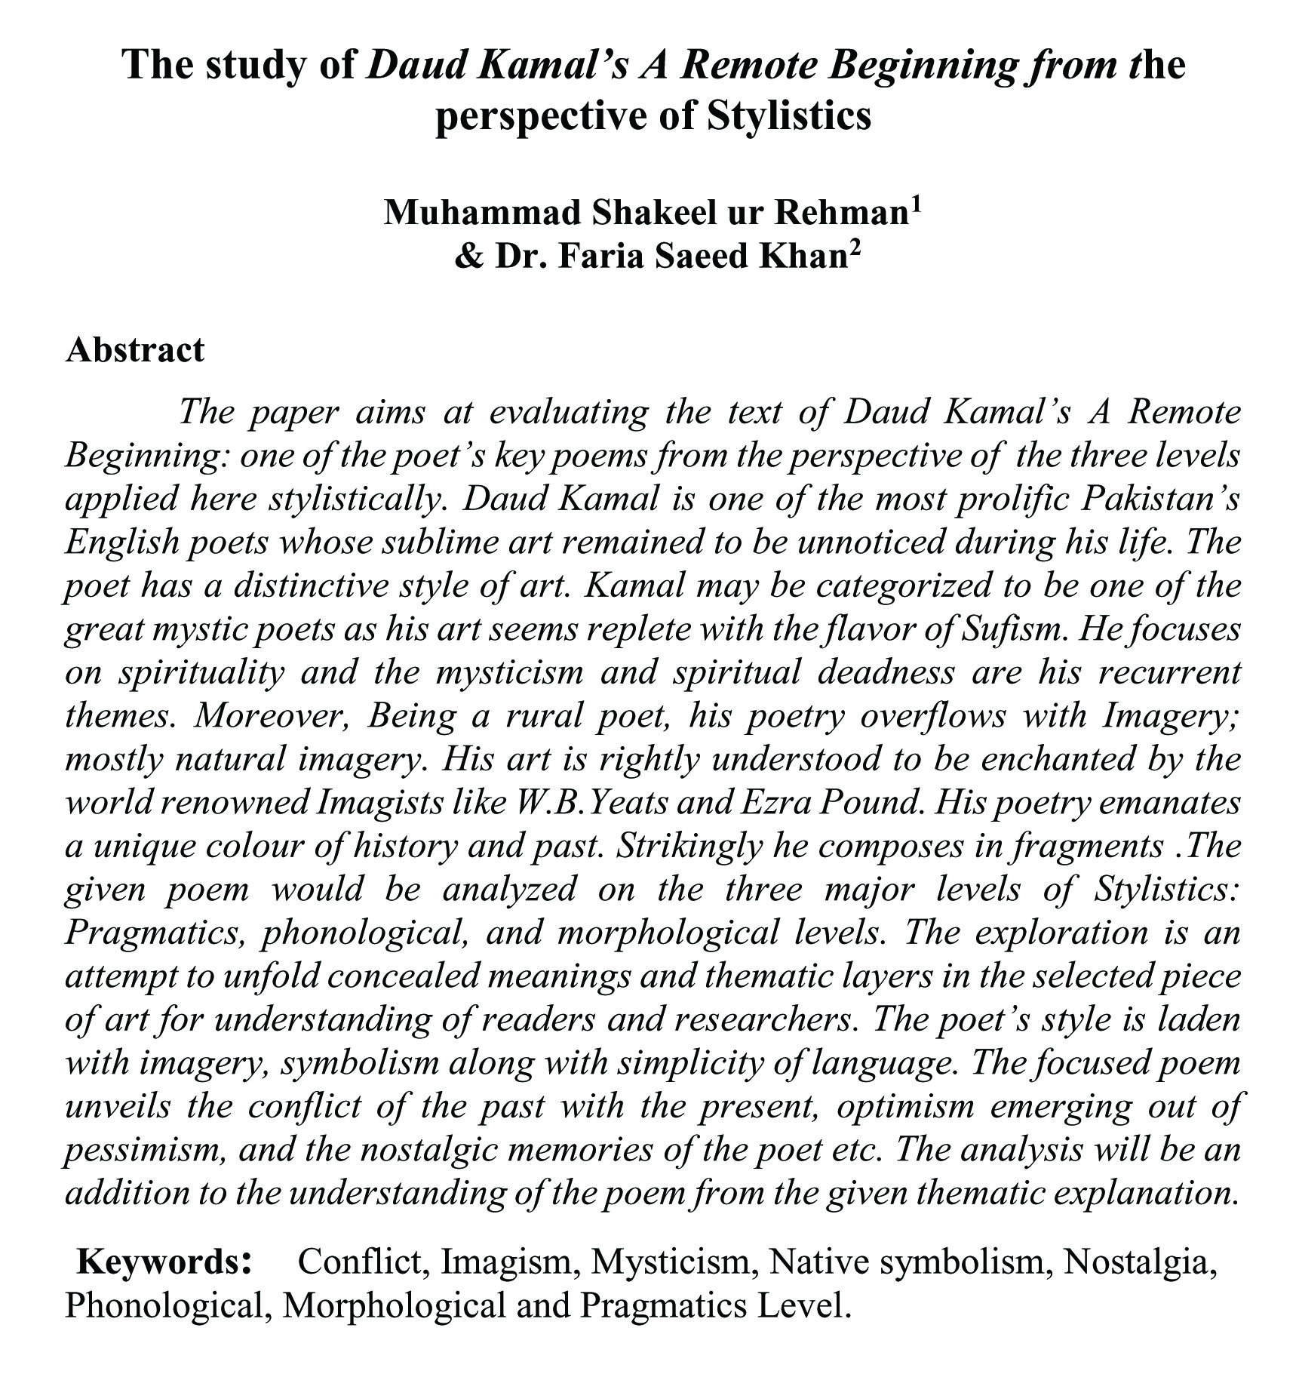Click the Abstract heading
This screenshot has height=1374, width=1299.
134,350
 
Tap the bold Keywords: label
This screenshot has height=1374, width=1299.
164,1261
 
